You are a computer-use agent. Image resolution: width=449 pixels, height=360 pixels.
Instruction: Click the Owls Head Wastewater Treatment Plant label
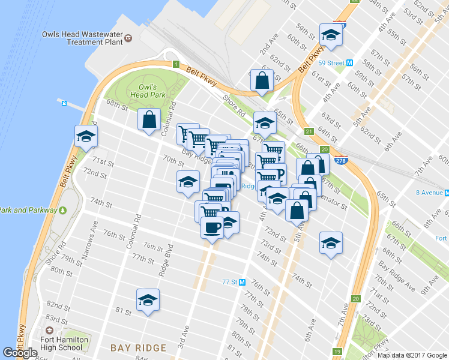coord(83,38)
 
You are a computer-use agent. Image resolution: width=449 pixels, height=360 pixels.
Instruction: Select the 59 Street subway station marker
coord(349,62)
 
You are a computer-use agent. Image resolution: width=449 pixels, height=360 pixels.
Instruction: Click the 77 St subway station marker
coord(243,282)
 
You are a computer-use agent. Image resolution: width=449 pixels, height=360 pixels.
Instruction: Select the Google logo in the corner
coord(20,353)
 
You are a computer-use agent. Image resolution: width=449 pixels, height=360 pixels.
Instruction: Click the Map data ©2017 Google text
coord(412,355)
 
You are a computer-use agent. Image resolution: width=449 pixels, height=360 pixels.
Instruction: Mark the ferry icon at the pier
coord(63,103)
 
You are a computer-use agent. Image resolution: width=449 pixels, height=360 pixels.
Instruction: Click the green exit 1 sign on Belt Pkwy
coord(175,64)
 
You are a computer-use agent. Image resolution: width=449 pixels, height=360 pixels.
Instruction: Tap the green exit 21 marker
coord(309,132)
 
